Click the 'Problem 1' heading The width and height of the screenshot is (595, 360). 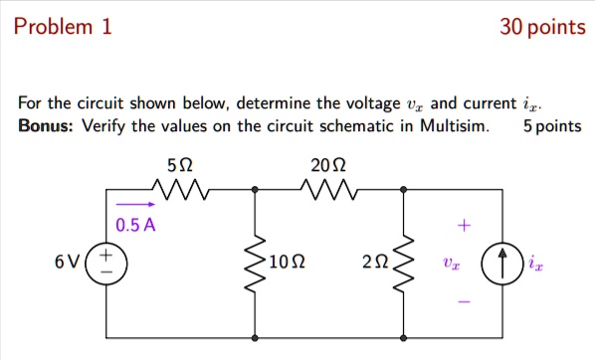click(x=63, y=27)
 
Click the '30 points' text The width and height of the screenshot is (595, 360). click(x=542, y=27)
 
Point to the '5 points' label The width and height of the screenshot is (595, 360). click(x=551, y=125)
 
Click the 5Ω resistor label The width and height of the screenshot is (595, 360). click(x=180, y=164)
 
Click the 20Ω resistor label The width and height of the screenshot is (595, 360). click(x=327, y=164)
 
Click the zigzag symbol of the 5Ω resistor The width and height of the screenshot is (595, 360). click(x=179, y=188)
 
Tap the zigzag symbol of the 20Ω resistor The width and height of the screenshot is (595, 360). click(x=328, y=188)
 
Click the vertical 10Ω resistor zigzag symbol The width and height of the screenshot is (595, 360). click(x=257, y=263)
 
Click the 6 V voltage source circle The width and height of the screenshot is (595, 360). click(x=106, y=263)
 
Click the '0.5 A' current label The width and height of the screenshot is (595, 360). click(x=136, y=225)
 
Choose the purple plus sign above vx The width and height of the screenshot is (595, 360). click(x=459, y=226)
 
